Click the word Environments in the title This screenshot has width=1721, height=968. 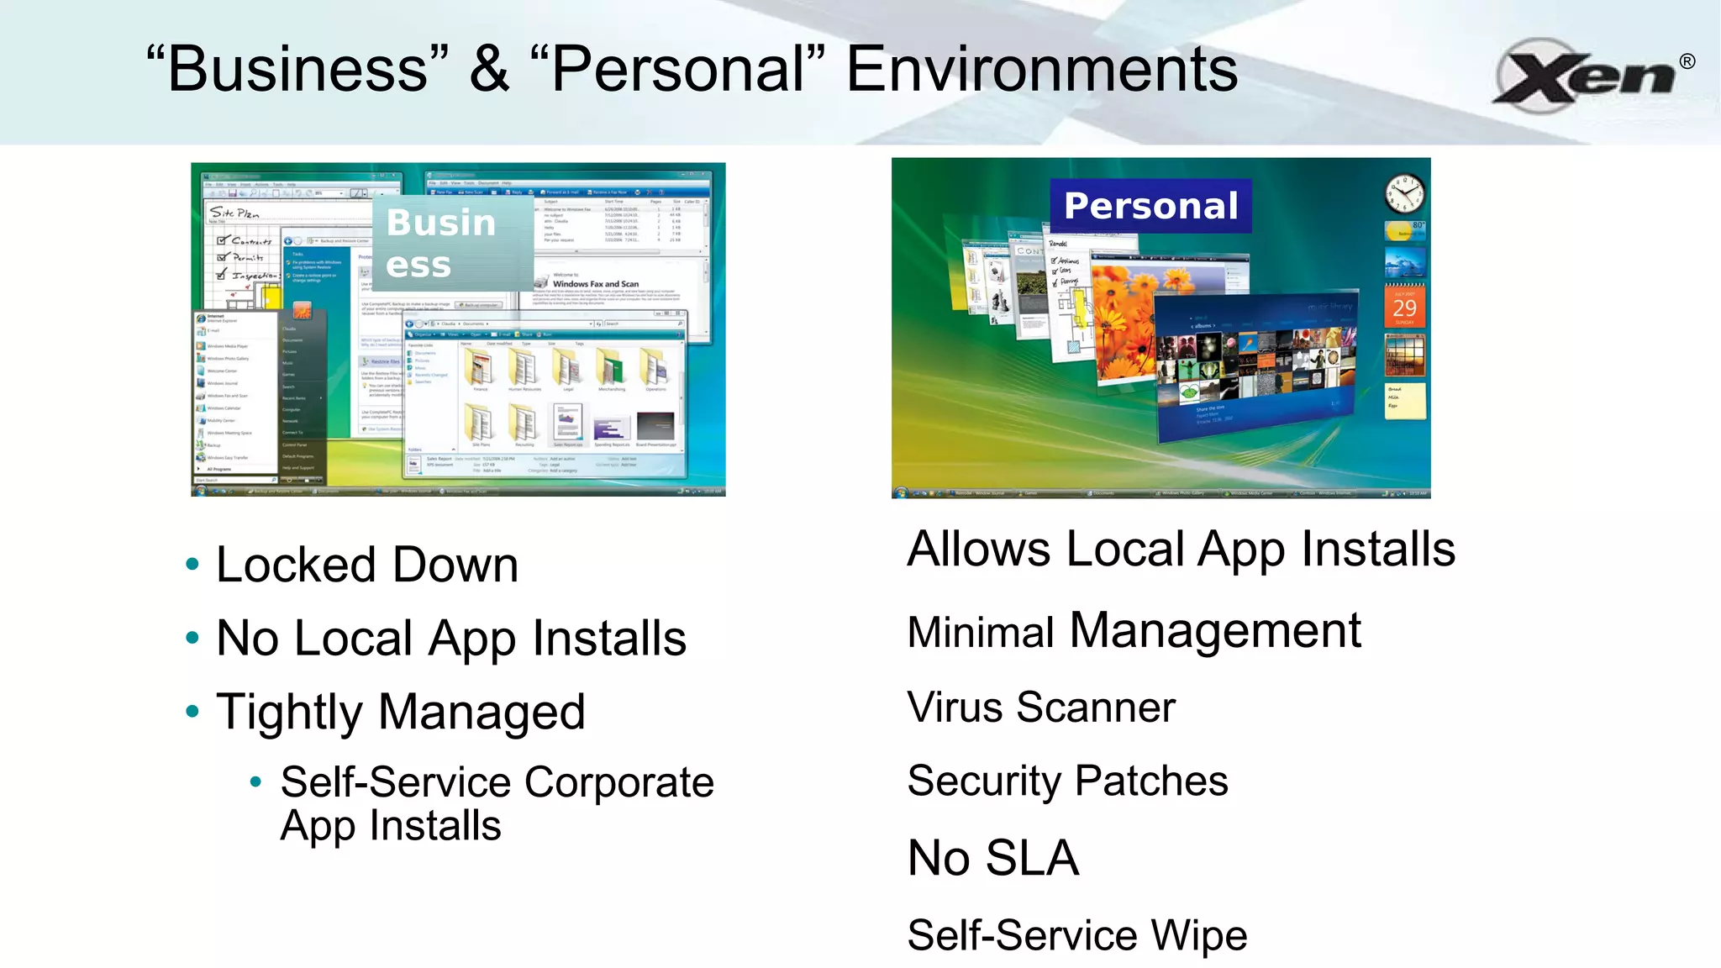click(1041, 70)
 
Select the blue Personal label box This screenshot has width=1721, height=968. click(1150, 206)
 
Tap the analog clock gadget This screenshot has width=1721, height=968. click(1404, 194)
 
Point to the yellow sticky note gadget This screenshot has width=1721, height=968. click(1405, 400)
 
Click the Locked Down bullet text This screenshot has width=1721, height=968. click(367, 565)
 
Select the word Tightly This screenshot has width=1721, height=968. click(290, 713)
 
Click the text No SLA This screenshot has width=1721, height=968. click(993, 858)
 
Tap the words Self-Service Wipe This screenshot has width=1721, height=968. click(1077, 935)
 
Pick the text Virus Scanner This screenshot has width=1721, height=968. click(1041, 707)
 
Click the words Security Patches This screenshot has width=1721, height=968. click(1067, 781)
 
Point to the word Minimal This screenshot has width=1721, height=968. click(981, 632)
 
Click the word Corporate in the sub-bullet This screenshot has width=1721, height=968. click(619, 782)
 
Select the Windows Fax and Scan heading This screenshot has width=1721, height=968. click(595, 284)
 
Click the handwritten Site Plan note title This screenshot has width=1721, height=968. click(234, 213)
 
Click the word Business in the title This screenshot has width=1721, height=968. click(297, 70)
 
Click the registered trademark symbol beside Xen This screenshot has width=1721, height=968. click(1687, 61)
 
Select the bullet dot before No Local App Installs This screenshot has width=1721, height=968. click(192, 638)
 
